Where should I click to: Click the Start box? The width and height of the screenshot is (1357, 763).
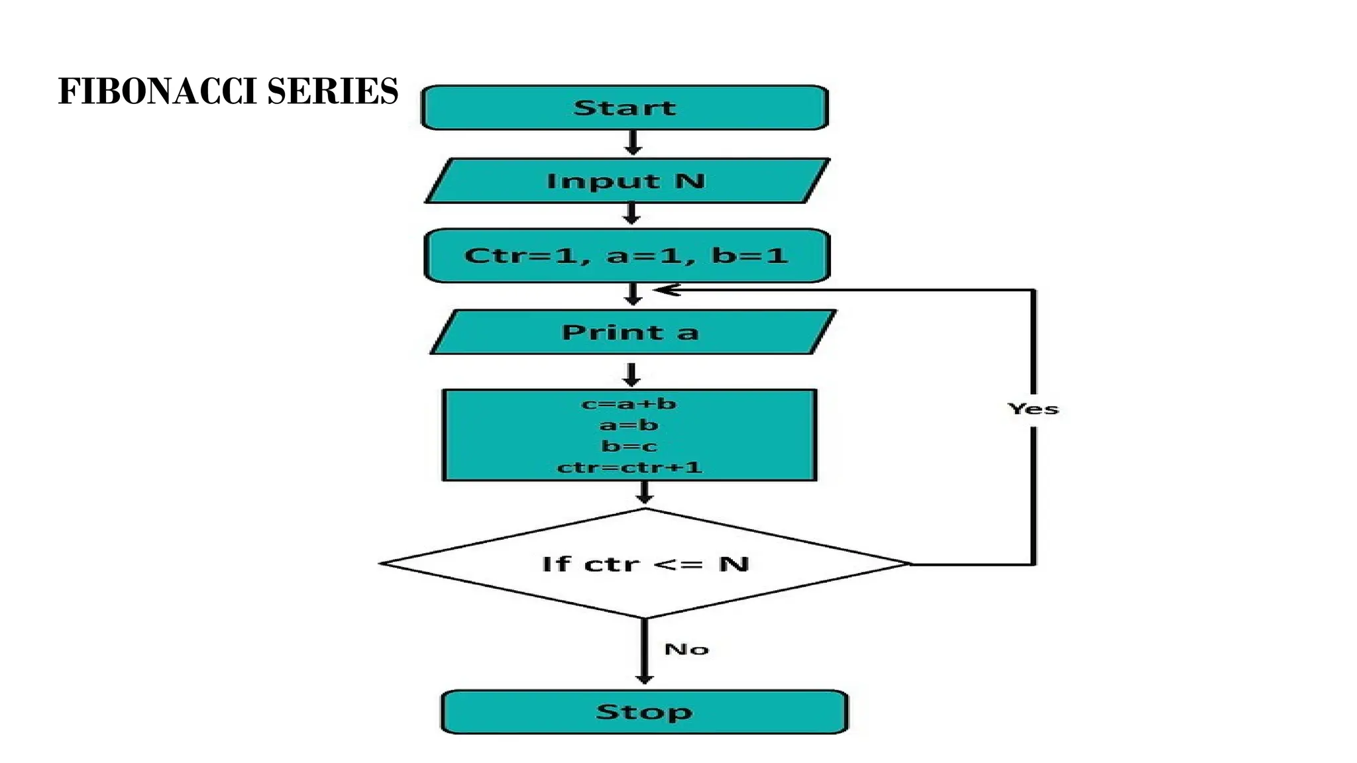tap(625, 107)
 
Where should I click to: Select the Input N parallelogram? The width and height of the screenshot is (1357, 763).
tap(626, 181)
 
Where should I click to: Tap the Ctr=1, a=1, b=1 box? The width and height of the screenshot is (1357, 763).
tap(626, 256)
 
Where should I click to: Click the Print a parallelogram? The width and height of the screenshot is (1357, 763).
tap(631, 332)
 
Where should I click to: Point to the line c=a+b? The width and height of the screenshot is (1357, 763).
tap(629, 403)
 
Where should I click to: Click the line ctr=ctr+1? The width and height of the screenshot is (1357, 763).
tap(629, 467)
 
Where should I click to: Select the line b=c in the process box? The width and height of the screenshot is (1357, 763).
tap(629, 446)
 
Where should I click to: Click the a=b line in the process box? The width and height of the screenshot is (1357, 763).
tap(629, 425)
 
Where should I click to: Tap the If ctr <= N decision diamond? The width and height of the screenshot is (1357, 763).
tap(645, 564)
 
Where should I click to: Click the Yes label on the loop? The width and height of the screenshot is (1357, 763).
tap(1033, 409)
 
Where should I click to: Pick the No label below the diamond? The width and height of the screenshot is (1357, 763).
tap(686, 649)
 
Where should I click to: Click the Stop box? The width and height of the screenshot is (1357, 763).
tap(644, 712)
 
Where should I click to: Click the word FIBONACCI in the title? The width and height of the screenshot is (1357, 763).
tap(158, 91)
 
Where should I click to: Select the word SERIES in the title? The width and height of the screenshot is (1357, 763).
tap(333, 91)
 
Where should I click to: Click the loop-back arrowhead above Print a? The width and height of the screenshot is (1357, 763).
tap(666, 290)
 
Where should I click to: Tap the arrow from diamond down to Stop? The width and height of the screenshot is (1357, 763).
tap(644, 652)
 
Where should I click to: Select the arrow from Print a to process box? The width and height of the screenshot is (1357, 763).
tap(631, 374)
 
